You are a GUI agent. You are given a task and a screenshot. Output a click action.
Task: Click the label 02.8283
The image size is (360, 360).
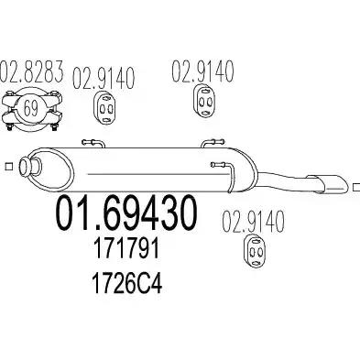[x=32, y=71]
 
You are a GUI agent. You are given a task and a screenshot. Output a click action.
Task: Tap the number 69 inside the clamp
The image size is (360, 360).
[x=31, y=108]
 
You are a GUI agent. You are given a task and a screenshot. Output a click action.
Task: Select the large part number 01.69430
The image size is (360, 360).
[x=125, y=213]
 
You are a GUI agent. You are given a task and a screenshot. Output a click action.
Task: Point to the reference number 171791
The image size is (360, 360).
[x=126, y=248]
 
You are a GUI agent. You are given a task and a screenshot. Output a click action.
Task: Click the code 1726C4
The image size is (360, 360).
[x=126, y=284]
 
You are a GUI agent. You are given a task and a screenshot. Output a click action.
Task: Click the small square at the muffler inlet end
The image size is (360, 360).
[x=9, y=166]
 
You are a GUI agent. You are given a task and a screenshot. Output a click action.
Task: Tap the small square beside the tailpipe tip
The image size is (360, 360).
[x=356, y=187]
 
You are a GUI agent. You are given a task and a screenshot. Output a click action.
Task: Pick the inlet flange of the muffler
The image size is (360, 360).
[x=28, y=167]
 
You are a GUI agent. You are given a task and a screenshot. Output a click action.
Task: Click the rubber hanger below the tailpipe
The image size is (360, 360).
[x=255, y=251]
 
